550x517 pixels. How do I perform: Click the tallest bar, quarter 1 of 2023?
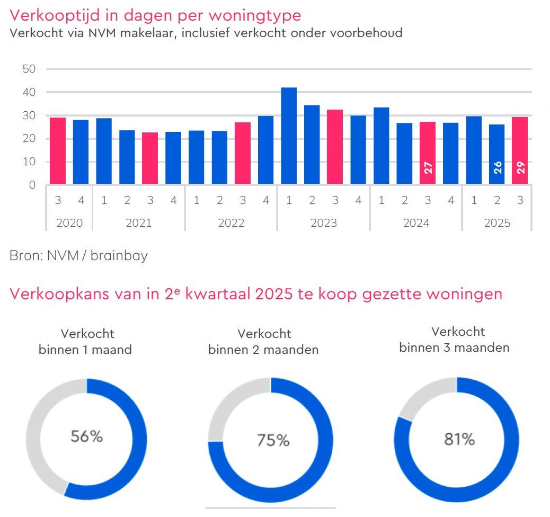point(289,136)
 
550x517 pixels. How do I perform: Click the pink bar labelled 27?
point(428,153)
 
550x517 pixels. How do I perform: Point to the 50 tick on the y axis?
point(29,69)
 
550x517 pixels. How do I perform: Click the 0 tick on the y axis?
point(32,185)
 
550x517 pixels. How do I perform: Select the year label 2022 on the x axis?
point(231,223)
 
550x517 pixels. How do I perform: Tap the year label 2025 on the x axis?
point(496,223)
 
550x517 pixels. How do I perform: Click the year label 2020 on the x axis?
point(69,223)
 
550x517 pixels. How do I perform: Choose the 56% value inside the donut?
point(86,436)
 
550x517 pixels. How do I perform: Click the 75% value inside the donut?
point(273,440)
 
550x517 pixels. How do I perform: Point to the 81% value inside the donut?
point(459,439)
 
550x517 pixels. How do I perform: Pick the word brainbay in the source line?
point(119,256)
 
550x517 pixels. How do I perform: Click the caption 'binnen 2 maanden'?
point(263,350)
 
